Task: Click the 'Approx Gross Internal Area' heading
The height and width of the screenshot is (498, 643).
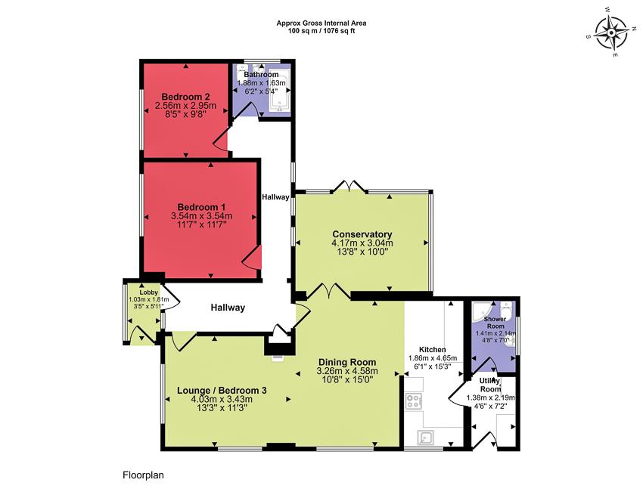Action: click(320, 23)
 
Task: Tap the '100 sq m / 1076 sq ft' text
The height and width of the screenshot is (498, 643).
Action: click(320, 32)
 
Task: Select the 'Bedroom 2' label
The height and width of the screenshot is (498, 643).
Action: click(185, 96)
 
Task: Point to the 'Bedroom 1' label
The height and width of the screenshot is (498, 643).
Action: click(201, 207)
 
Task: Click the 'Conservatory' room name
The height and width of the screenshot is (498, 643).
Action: click(362, 234)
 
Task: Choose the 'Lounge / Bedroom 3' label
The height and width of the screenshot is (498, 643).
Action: click(222, 390)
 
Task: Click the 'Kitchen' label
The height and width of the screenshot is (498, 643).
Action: click(433, 349)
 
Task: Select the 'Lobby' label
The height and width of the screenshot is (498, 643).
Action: click(149, 291)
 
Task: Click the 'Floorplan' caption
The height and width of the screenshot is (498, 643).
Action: click(143, 476)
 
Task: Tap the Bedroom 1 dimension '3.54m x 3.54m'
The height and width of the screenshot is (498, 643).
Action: click(201, 216)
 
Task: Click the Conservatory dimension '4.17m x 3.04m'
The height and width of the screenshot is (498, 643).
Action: click(362, 243)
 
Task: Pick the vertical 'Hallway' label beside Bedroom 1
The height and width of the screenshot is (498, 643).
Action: click(275, 197)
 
